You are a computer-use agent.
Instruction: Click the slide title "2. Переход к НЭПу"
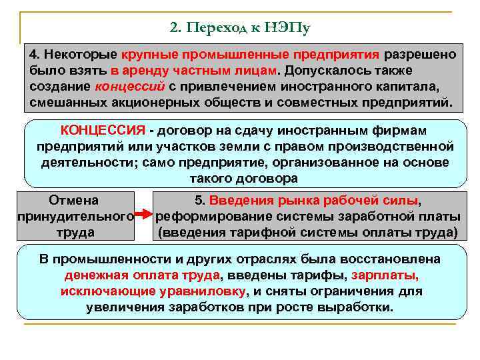[x=240, y=27]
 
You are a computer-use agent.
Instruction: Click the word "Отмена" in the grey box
[x=73, y=200]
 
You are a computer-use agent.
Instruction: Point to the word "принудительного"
[x=74, y=216]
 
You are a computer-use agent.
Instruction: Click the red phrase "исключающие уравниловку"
[x=153, y=291]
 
